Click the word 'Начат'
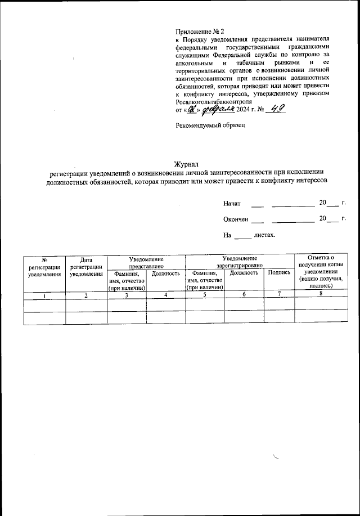pos(232,203)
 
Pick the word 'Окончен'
pos(235,219)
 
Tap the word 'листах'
pos(264,235)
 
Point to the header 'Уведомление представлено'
pos(146,261)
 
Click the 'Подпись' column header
pos(279,273)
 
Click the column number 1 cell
pos(44,295)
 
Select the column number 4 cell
pos(165,295)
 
